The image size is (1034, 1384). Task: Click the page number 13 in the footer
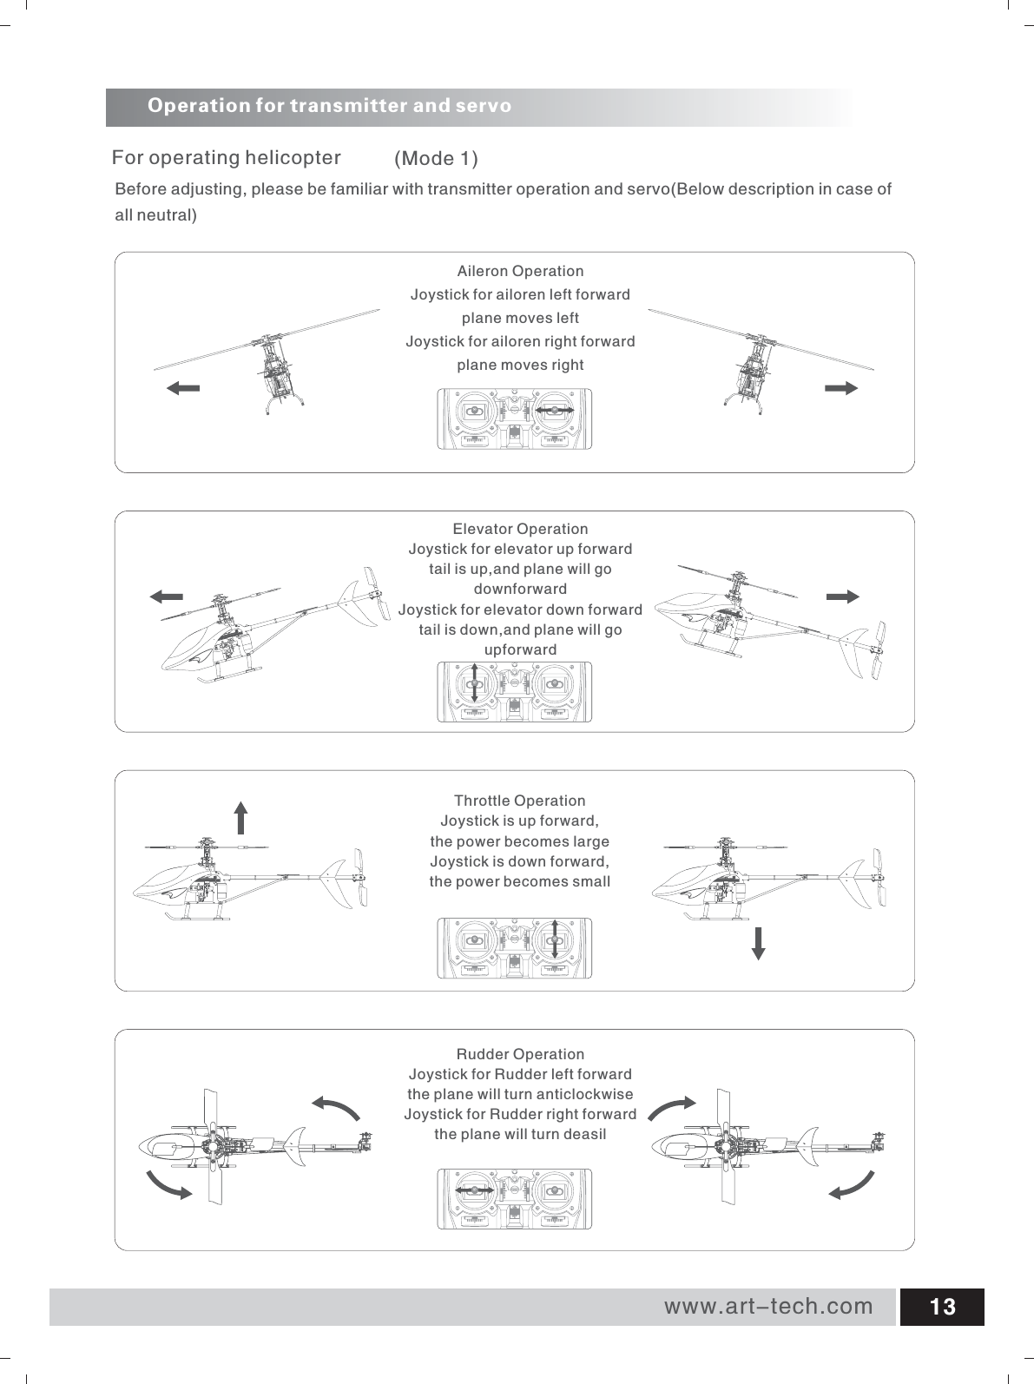pyautogui.click(x=941, y=1307)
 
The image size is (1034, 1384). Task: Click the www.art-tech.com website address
pyautogui.click(x=768, y=1306)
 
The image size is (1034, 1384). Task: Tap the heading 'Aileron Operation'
pyautogui.click(x=520, y=272)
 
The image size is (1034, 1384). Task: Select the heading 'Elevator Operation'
pyautogui.click(x=520, y=529)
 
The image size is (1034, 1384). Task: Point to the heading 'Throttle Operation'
pyautogui.click(x=520, y=800)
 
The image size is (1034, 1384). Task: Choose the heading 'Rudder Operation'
pyautogui.click(x=520, y=1054)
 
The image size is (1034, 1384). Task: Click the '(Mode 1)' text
pyautogui.click(x=437, y=159)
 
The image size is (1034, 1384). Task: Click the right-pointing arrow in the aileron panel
pyautogui.click(x=841, y=388)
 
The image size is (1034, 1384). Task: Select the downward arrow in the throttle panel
pyautogui.click(x=758, y=943)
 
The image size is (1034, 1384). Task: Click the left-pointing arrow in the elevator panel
pyautogui.click(x=166, y=596)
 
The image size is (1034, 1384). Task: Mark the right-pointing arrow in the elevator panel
pyautogui.click(x=842, y=596)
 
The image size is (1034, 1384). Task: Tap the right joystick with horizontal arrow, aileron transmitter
pyautogui.click(x=553, y=410)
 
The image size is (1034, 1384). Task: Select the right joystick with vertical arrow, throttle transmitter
pyautogui.click(x=554, y=939)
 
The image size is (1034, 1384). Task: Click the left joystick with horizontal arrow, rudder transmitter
pyautogui.click(x=474, y=1191)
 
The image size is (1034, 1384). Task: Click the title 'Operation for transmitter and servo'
pyautogui.click(x=330, y=106)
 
